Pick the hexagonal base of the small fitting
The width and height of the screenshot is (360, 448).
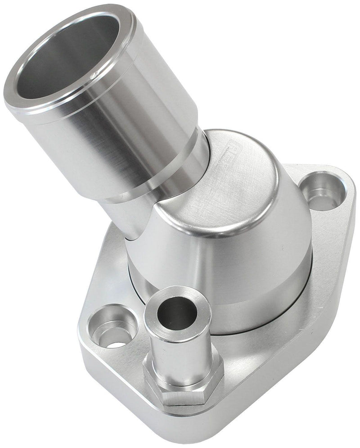[184, 387]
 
